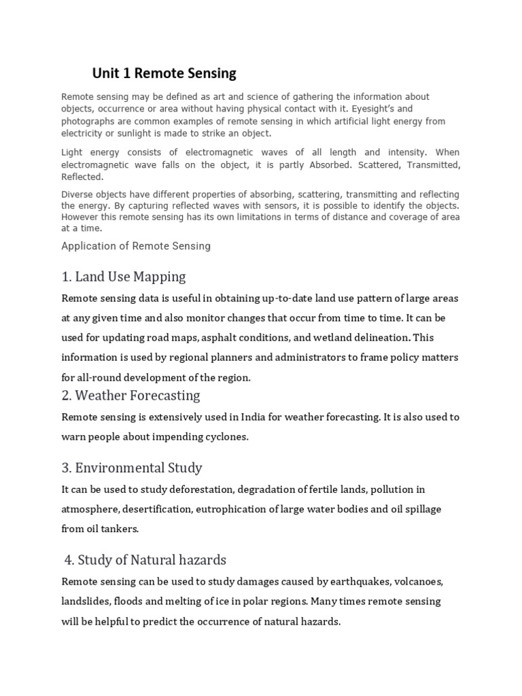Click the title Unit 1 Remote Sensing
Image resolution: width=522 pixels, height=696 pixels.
click(164, 73)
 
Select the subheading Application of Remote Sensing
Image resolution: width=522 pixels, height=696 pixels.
click(136, 246)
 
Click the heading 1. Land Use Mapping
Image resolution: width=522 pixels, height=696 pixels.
click(124, 277)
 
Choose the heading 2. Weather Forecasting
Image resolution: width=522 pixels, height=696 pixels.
click(130, 395)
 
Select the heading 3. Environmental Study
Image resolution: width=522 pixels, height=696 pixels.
click(132, 468)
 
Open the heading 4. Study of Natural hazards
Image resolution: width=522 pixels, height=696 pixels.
click(145, 560)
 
